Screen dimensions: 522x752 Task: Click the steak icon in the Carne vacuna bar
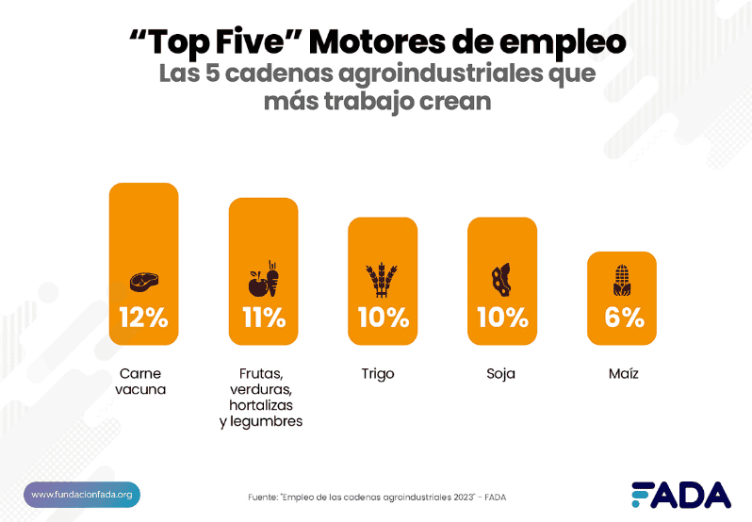143,280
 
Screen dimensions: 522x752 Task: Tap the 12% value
143,318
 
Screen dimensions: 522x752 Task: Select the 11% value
263,318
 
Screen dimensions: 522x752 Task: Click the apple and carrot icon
263,280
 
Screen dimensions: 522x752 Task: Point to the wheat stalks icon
383,280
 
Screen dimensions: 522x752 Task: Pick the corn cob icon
622,279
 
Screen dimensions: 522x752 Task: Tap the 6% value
623,318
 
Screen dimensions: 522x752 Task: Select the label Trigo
378,374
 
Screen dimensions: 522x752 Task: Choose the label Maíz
623,374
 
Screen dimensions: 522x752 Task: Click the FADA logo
679,495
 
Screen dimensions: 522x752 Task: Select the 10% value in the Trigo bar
383,318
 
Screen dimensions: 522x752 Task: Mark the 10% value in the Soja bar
502,318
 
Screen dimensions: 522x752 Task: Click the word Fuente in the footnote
262,498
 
